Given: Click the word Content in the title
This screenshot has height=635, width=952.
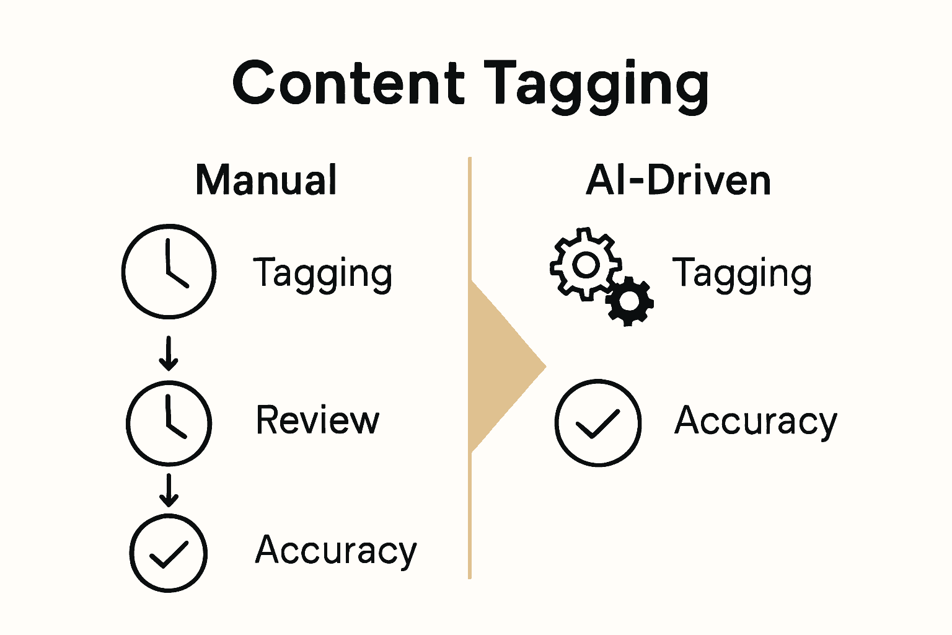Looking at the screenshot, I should coord(348,83).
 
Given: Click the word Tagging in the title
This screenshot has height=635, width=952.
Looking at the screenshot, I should coord(596,86).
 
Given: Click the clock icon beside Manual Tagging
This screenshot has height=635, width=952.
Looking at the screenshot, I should coord(169,272).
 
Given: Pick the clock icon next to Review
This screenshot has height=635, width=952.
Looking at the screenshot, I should coord(169,422).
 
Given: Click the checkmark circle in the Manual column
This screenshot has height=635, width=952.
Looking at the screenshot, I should coord(169,553).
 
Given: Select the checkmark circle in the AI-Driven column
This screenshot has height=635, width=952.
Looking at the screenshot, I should coord(598,422).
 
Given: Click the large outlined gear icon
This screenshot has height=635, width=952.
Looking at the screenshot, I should coord(585,265).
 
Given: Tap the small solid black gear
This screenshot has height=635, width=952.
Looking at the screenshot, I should coord(630,301).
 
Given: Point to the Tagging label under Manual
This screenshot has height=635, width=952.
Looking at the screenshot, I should coord(322,273).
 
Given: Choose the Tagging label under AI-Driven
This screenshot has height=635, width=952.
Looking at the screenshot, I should coord(742,273).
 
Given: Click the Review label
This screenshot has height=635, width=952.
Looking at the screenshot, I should coord(317,420).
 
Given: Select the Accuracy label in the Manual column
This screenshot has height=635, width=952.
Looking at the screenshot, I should coord(336,551).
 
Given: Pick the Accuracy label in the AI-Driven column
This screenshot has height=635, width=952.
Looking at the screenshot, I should coord(756,422).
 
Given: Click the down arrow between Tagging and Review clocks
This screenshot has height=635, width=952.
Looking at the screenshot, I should coord(169,353).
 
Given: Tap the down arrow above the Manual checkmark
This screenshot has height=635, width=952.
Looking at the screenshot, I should coord(169,490).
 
